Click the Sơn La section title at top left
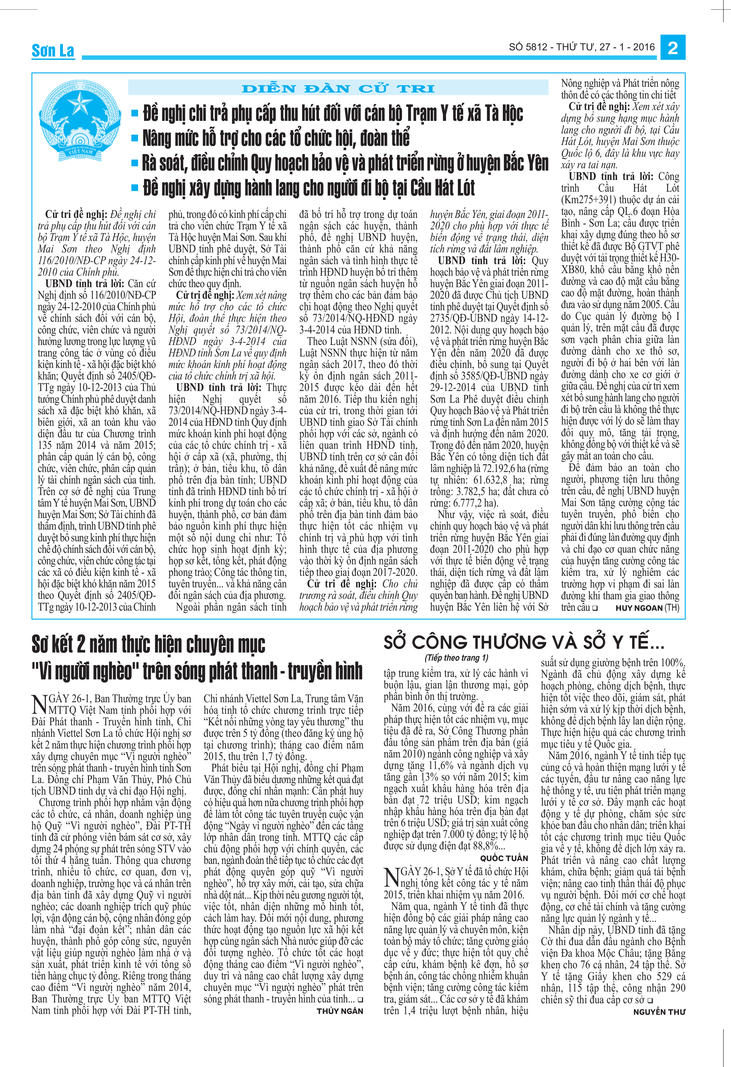[x=53, y=51]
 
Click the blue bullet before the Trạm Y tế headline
[x=135, y=113]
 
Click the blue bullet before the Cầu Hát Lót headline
[x=135, y=187]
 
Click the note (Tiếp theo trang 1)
[x=456, y=658]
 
